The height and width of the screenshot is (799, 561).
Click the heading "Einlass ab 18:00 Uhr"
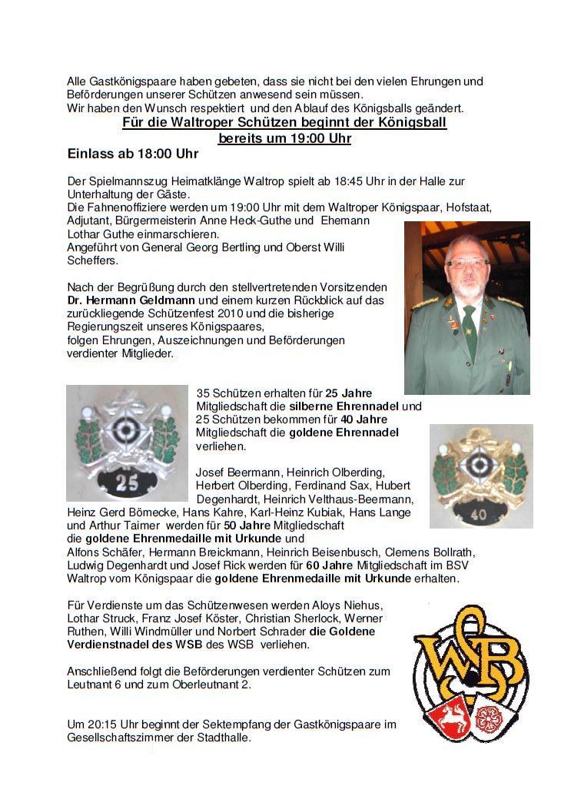click(x=132, y=154)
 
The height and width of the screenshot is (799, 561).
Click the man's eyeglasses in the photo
click(x=467, y=264)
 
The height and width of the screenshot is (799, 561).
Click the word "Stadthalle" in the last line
click(x=223, y=738)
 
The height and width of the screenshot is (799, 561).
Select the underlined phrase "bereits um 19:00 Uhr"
click(x=284, y=138)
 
